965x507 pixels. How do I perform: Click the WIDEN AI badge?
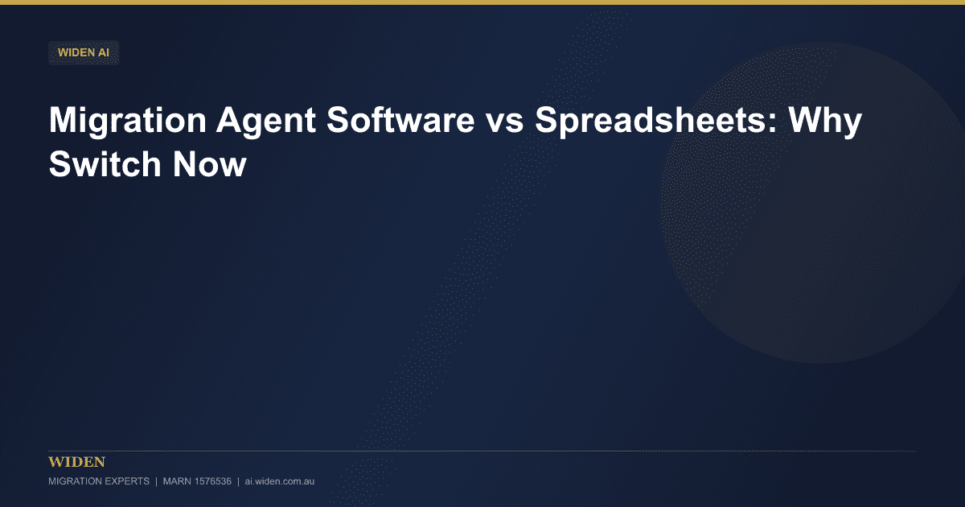(84, 52)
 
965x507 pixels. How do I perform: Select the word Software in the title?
(400, 120)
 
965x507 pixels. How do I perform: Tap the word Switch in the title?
(105, 164)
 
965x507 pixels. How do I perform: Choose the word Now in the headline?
(210, 164)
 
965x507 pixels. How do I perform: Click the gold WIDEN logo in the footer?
(76, 462)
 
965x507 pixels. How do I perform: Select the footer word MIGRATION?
(74, 481)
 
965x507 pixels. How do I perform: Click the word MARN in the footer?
(177, 481)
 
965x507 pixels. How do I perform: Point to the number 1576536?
(213, 481)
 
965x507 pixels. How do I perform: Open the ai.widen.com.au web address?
(280, 481)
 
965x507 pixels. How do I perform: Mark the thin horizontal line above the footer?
(482, 451)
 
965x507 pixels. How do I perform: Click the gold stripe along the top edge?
(482, 2)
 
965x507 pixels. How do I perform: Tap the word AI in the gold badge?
(104, 52)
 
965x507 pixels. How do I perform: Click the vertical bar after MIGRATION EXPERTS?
(156, 481)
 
